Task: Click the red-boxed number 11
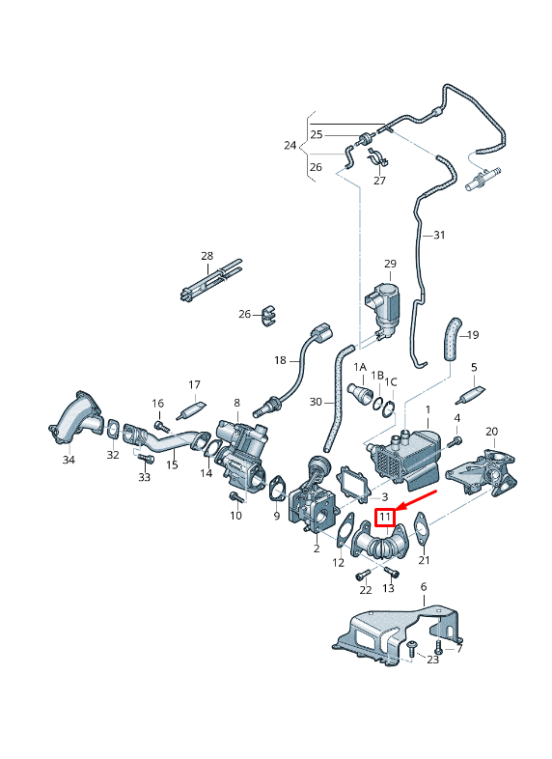pos(385,518)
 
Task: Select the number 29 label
pos(390,264)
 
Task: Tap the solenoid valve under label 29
pos(384,308)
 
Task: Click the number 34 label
pos(69,460)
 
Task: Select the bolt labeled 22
pos(362,576)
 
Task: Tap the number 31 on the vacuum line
pos(439,236)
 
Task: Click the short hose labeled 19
pos(452,339)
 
